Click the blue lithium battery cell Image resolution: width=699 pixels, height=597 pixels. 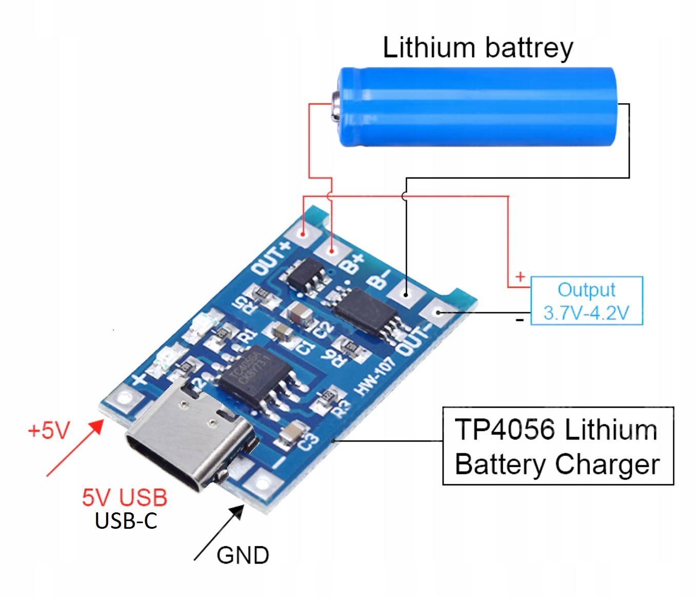477,107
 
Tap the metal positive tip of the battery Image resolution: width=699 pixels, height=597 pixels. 335,106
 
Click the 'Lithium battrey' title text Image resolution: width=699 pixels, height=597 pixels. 477,48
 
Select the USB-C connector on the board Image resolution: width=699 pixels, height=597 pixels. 190,436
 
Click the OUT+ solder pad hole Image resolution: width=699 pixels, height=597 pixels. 303,234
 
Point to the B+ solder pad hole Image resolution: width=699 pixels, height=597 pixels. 332,251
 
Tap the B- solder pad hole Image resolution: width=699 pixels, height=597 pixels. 406,294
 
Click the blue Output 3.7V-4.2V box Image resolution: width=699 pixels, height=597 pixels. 586,301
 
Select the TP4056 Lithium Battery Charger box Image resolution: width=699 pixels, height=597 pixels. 557,446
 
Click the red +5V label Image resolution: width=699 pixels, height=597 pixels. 48,430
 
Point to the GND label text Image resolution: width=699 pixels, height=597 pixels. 243,555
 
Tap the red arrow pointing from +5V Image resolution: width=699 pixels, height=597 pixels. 75,448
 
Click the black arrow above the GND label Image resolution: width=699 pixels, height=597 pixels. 219,533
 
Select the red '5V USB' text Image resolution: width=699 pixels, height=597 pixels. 125,497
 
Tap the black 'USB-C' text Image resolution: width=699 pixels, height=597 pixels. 126,521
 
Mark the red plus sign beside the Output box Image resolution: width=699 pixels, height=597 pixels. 520,277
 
